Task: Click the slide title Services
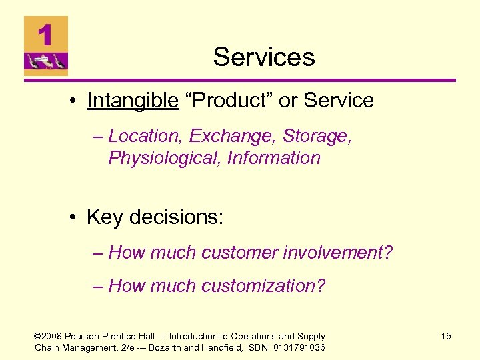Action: click(264, 57)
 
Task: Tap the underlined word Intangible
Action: click(133, 101)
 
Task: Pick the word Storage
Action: click(316, 136)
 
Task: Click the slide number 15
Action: click(446, 336)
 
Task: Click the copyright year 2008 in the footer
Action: click(55, 336)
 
